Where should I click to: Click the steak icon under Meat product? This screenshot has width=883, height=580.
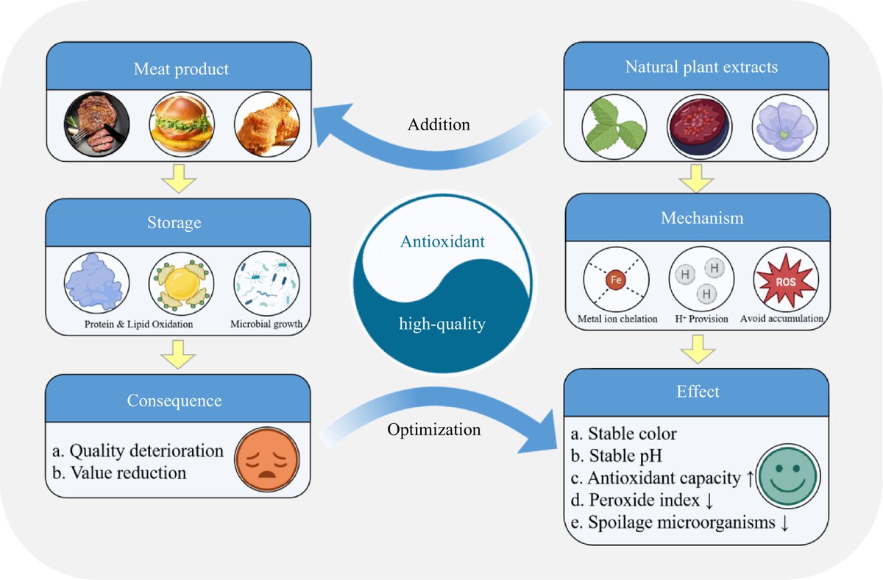97,123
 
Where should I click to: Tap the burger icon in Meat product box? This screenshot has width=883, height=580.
182,123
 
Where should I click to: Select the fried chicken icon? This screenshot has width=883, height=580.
266,123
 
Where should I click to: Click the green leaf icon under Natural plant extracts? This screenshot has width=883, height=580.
614,123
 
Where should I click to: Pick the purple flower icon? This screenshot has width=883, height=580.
784,123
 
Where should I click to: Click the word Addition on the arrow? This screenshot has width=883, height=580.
439,125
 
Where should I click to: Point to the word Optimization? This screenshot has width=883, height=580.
434,429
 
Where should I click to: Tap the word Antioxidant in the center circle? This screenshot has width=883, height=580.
442,241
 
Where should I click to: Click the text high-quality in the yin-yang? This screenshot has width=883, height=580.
442,324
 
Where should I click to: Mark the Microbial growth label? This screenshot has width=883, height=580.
266,324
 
